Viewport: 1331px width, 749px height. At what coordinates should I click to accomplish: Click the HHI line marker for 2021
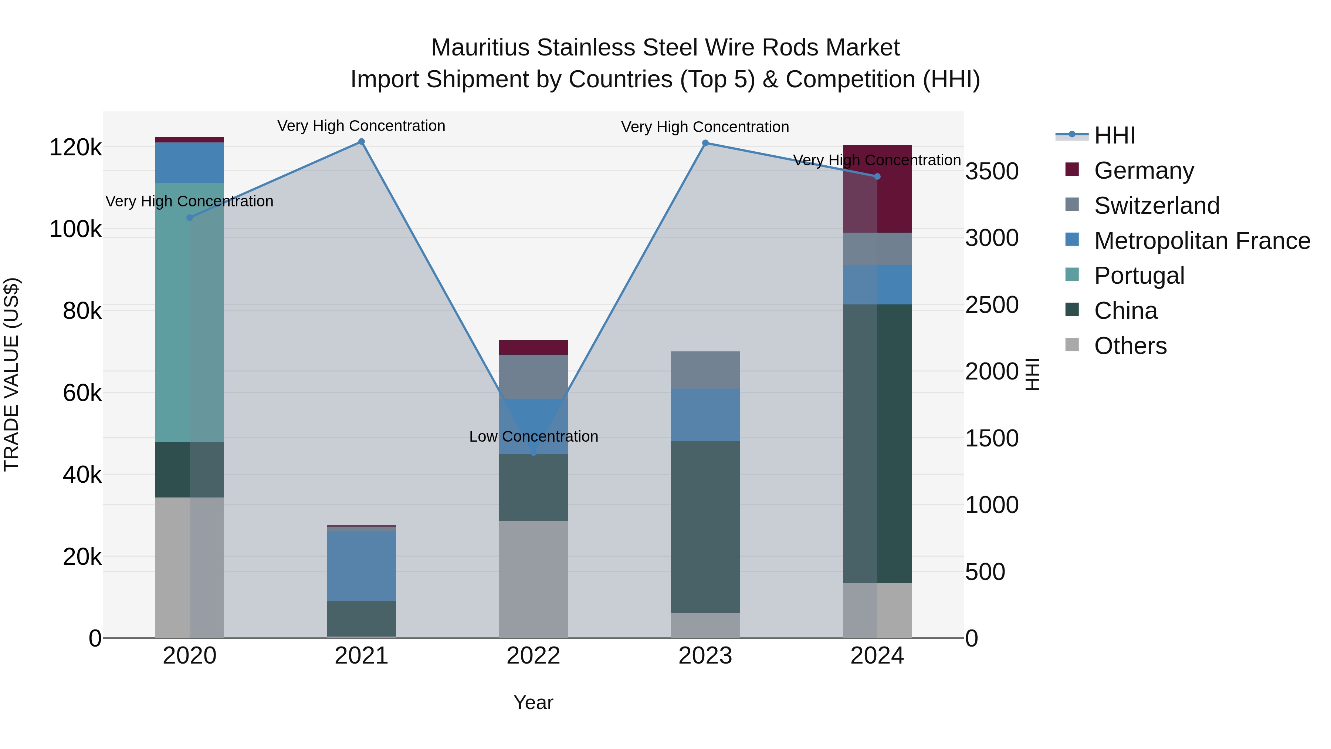[x=361, y=142]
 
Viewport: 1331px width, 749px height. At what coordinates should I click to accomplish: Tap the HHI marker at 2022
[x=533, y=453]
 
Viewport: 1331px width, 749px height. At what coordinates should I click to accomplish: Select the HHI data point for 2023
[x=705, y=143]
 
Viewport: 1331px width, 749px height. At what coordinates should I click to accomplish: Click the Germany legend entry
[x=1144, y=171]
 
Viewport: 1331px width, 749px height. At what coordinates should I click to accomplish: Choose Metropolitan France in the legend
[x=1202, y=241]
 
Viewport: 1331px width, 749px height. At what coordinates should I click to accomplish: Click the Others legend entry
[x=1130, y=346]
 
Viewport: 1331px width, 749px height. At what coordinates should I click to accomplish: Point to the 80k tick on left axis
[x=82, y=311]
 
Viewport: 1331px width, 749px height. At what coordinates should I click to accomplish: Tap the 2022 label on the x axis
[x=533, y=656]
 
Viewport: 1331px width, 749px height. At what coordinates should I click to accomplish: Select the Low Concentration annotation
[x=533, y=436]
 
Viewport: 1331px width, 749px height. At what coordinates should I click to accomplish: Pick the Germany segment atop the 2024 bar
[x=877, y=189]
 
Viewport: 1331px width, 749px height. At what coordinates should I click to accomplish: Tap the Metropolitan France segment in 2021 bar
[x=361, y=566]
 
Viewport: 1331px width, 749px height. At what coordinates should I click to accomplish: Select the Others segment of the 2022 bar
[x=533, y=578]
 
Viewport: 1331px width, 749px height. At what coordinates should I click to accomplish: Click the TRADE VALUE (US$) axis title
[x=11, y=374]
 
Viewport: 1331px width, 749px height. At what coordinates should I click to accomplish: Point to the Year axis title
[x=533, y=702]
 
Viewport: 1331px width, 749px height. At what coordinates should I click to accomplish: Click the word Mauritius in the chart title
[x=481, y=48]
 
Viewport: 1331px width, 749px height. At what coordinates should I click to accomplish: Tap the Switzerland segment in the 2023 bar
[x=705, y=370]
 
